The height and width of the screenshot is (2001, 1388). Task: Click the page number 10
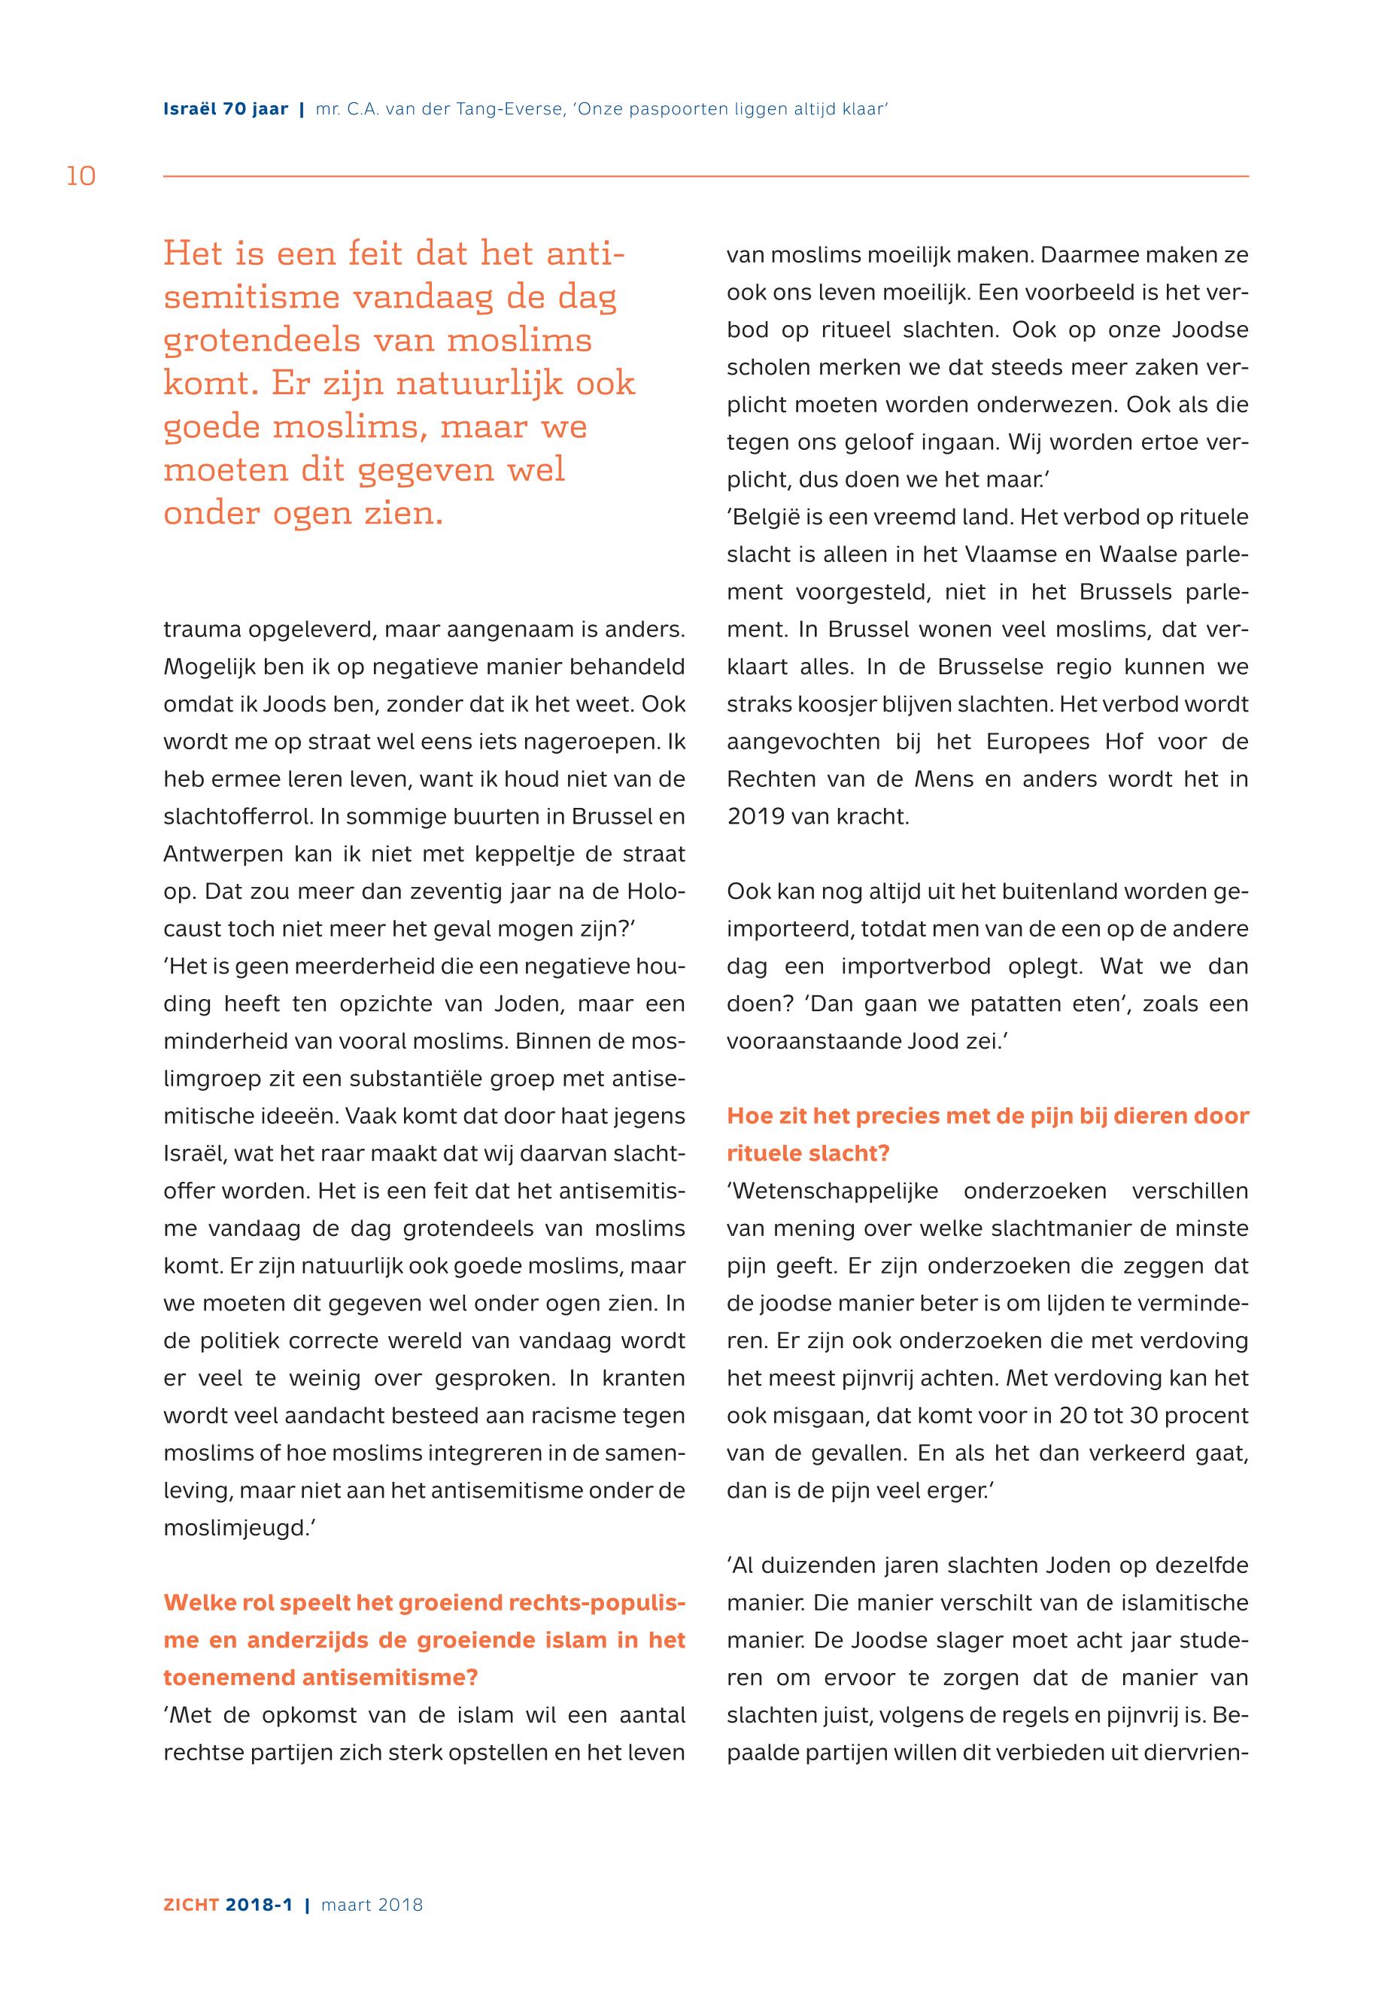[81, 177]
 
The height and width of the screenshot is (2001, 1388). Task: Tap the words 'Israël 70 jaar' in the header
[225, 110]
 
